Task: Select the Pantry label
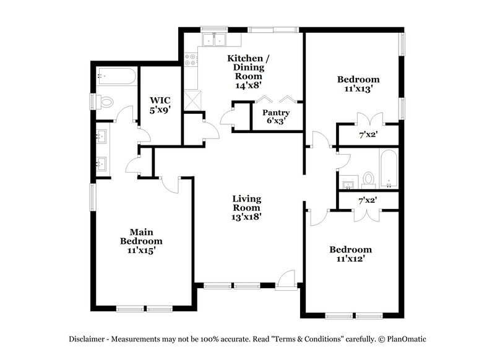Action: point(276,113)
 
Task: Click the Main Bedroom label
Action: point(141,236)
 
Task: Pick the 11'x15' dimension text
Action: point(141,251)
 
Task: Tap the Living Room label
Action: point(246,203)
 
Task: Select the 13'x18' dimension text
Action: point(246,216)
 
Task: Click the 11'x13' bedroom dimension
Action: point(358,88)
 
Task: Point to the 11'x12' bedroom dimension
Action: point(350,259)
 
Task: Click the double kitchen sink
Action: point(215,40)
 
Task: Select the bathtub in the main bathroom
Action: point(116,77)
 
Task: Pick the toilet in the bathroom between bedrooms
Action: point(369,179)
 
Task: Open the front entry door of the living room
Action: point(286,280)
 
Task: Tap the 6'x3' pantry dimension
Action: point(276,122)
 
